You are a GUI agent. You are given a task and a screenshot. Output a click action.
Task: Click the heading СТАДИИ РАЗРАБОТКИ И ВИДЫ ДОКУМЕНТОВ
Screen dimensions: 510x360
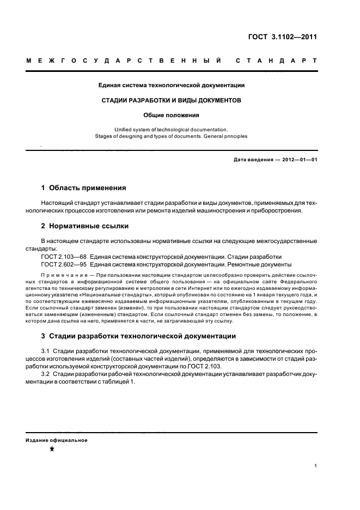[x=172, y=100]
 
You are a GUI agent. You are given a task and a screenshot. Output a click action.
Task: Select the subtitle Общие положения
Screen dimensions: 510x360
[x=172, y=115]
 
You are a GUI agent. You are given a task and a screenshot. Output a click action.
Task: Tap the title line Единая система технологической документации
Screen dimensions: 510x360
[x=172, y=85]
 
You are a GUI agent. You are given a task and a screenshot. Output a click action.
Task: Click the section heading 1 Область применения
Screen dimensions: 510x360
[x=84, y=188]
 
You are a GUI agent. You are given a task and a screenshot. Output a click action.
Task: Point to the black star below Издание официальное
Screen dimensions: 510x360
[x=52, y=449]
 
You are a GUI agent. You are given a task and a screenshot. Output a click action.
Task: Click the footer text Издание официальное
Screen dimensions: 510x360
[x=57, y=440]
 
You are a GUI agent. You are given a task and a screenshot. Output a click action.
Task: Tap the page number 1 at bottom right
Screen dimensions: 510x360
[x=316, y=466]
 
